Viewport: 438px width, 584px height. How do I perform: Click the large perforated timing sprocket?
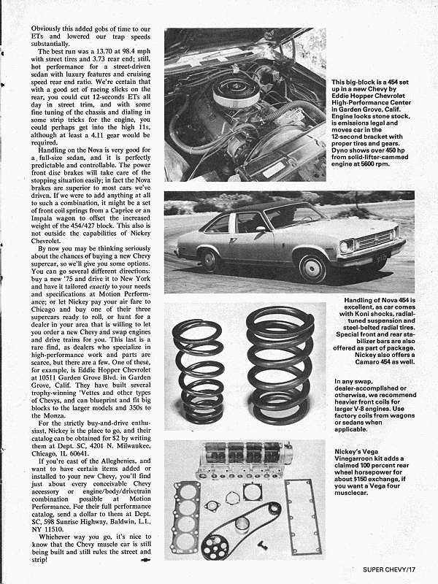(x=219, y=543)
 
